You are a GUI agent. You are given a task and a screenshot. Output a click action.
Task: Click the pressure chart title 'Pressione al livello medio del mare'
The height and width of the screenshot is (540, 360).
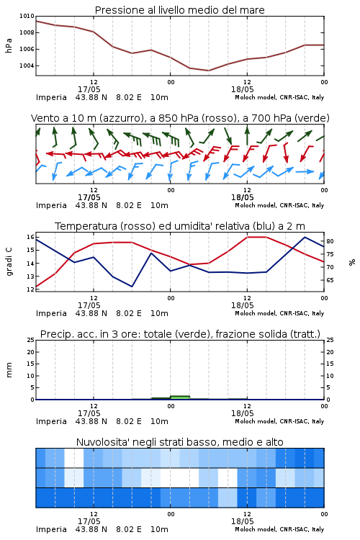179,10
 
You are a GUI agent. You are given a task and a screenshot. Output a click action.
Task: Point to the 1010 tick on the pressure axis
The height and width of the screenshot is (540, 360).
27,16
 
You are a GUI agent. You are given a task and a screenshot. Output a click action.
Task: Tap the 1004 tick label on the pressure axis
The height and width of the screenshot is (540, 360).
27,66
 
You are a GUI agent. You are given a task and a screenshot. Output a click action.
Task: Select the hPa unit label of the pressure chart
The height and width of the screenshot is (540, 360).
9,45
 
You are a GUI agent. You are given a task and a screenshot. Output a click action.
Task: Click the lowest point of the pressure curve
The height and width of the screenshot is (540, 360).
208,71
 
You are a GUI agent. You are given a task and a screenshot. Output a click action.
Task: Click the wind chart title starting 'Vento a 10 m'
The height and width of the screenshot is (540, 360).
180,118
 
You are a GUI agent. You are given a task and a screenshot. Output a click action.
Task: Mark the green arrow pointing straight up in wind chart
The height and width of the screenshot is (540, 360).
247,135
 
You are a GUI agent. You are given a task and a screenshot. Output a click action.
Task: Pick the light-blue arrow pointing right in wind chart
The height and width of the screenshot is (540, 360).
305,171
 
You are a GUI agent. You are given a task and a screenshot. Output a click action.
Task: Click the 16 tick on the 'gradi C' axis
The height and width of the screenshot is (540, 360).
30,237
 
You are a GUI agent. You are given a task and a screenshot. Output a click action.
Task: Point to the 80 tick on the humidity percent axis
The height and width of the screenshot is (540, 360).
330,241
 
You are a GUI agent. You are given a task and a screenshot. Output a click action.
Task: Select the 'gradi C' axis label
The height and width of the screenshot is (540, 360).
9,261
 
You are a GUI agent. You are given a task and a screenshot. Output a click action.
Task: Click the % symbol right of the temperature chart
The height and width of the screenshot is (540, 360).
352,262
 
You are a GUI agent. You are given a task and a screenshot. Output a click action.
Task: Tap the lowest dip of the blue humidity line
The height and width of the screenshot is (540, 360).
132,286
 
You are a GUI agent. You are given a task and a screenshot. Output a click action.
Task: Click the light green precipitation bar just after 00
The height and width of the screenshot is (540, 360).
180,397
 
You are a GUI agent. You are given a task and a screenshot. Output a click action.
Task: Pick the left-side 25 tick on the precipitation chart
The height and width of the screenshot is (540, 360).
30,340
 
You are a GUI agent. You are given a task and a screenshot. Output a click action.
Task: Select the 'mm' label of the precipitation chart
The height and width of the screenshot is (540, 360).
9,370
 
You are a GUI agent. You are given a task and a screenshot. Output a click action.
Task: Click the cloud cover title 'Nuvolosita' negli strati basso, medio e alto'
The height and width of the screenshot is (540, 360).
179,442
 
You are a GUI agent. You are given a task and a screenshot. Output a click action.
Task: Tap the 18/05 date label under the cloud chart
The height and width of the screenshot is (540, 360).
242,521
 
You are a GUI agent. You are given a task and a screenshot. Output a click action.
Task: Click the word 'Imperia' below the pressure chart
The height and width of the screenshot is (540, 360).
51,97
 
